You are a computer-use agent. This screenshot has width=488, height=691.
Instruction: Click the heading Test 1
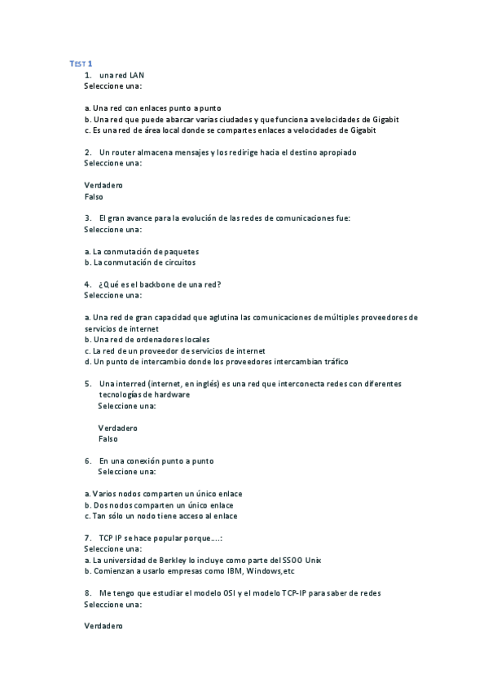80,64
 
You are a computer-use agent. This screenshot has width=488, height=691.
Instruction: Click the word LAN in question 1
137,75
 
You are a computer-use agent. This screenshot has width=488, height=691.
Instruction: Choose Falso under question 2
94,196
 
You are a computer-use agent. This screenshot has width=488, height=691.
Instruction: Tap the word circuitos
178,262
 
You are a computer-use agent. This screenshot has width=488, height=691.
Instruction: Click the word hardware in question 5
172,394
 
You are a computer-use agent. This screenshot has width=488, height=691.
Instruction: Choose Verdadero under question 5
117,428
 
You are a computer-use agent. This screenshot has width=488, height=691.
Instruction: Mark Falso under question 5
108,438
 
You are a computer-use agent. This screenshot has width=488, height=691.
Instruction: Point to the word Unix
314,561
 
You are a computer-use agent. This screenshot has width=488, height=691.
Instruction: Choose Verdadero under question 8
103,626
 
